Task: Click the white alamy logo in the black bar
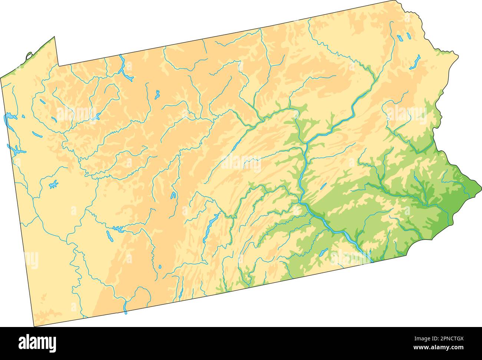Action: [37, 343]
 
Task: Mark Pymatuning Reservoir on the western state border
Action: [9, 119]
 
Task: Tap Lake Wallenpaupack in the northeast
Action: [415, 62]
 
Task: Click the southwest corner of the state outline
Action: [34, 326]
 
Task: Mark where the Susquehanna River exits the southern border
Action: [370, 261]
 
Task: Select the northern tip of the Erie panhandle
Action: [55, 37]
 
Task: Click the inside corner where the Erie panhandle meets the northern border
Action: [58, 66]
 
